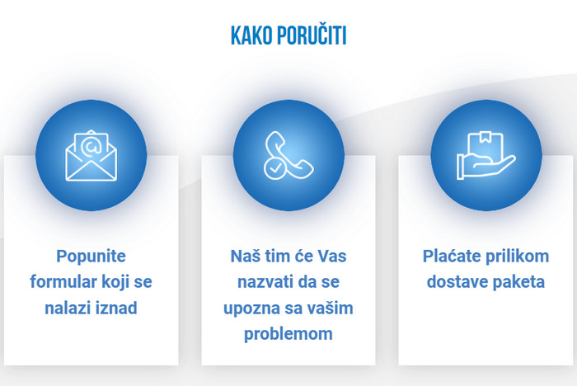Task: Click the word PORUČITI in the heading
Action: pyautogui.click(x=312, y=35)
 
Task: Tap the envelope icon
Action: pyautogui.click(x=91, y=156)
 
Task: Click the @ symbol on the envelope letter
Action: pyautogui.click(x=91, y=146)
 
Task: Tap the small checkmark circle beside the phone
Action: pyautogui.click(x=274, y=169)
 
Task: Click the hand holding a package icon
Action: pyautogui.click(x=486, y=156)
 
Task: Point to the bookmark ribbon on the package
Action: pyautogui.click(x=486, y=138)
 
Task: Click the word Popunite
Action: pyautogui.click(x=91, y=257)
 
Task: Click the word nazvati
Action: pyautogui.click(x=265, y=282)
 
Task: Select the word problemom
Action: pyautogui.click(x=288, y=334)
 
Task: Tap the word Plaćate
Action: pyautogui.click(x=452, y=256)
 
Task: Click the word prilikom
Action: pyautogui.click(x=518, y=257)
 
